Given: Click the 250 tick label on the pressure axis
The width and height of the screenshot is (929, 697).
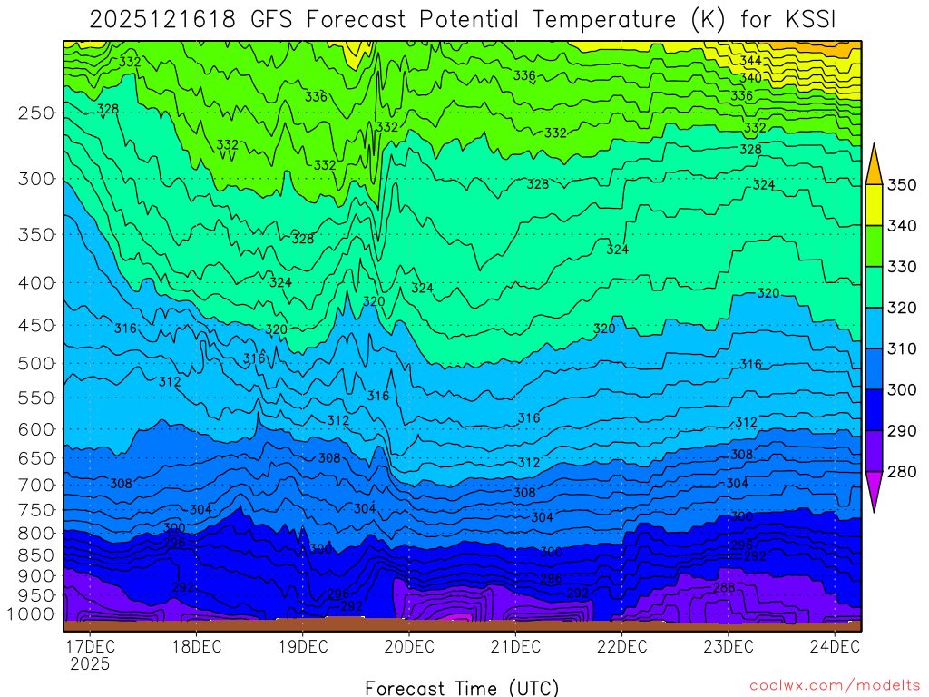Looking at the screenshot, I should point(35,113).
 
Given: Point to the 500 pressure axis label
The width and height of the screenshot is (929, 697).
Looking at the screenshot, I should point(35,363).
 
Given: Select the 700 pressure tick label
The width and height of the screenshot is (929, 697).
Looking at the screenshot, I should point(35,485).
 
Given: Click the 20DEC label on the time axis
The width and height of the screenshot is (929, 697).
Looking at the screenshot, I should point(408,647).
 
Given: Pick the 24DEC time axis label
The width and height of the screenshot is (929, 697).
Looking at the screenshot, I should point(835,647).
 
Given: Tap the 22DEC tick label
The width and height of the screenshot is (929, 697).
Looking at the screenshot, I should point(621,647).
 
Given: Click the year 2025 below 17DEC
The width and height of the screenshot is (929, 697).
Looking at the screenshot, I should point(89,664).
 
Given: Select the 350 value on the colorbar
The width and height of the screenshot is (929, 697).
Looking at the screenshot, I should point(902,185).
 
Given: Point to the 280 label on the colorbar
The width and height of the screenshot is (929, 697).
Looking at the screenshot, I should point(902,471).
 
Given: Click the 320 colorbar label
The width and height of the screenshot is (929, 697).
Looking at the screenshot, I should point(902,308).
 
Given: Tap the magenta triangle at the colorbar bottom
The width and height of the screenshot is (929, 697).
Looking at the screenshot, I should point(875,491).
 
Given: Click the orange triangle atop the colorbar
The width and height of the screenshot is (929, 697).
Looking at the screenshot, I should point(875,164).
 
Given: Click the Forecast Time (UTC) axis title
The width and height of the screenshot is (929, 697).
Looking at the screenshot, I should point(462,687).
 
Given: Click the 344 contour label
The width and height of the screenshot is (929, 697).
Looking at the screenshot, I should point(750,61).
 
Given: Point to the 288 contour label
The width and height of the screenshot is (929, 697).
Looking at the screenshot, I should point(724,588).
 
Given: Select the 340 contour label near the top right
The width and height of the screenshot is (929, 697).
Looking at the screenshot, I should point(750,78).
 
